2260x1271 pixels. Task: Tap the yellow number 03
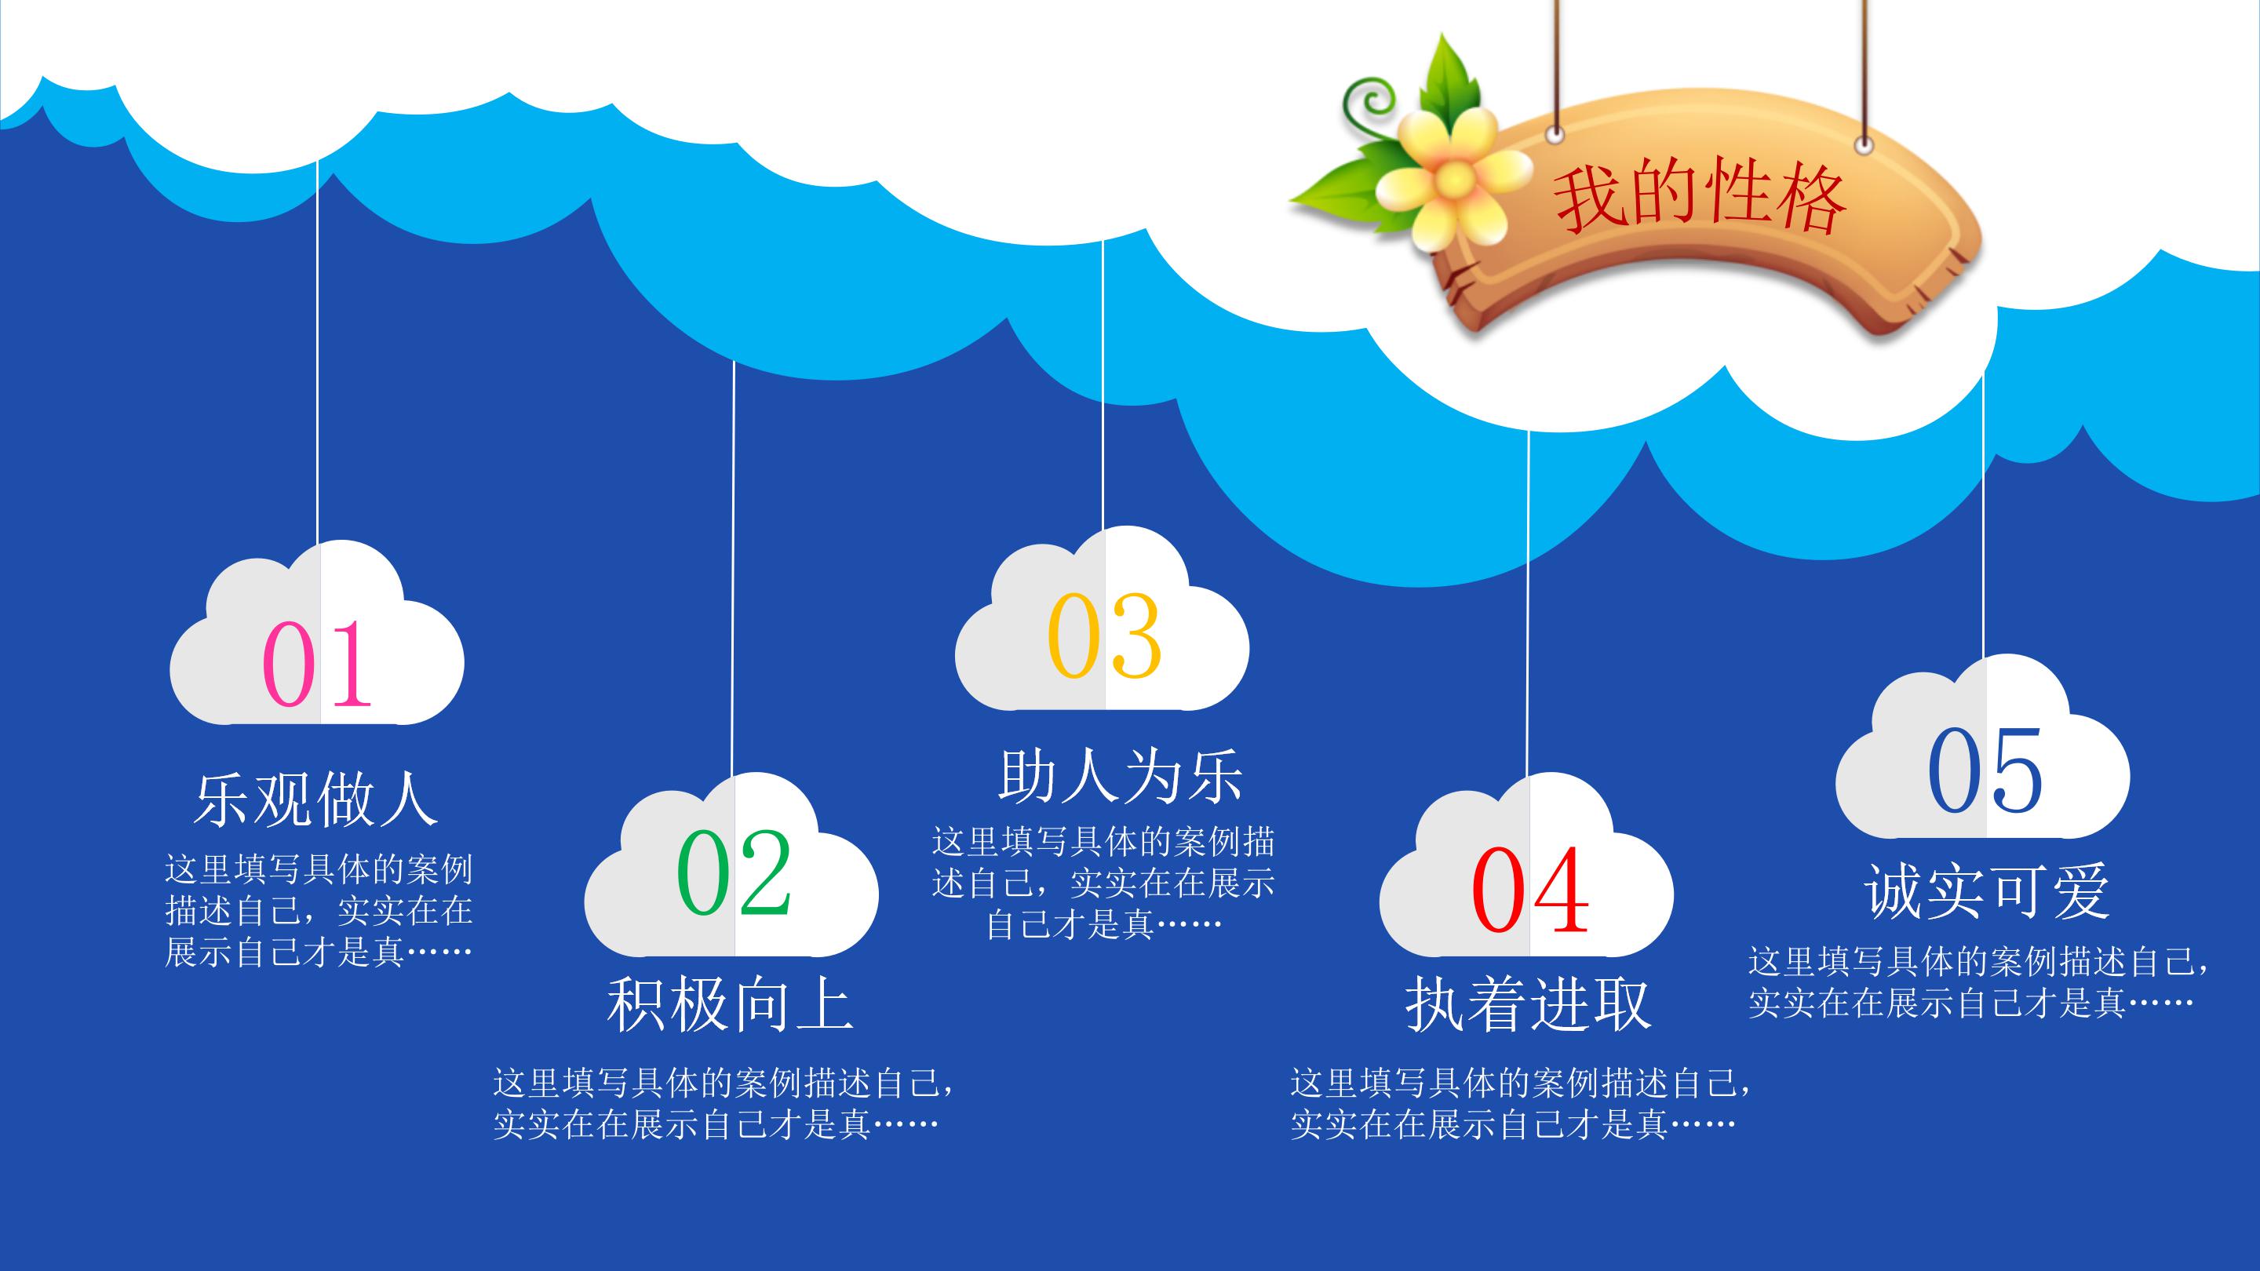[x=1103, y=636]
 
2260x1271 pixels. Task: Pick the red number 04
[x=1529, y=890]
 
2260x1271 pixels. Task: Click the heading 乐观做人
[x=315, y=799]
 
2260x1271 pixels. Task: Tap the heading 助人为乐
[x=1121, y=776]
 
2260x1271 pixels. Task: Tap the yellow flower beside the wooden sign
[x=1451, y=177]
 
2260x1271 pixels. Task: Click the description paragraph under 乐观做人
[x=319, y=912]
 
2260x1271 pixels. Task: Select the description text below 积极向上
[x=723, y=1103]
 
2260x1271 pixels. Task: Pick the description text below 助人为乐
[x=1103, y=883]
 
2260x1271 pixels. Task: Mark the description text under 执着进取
[x=1519, y=1103]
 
